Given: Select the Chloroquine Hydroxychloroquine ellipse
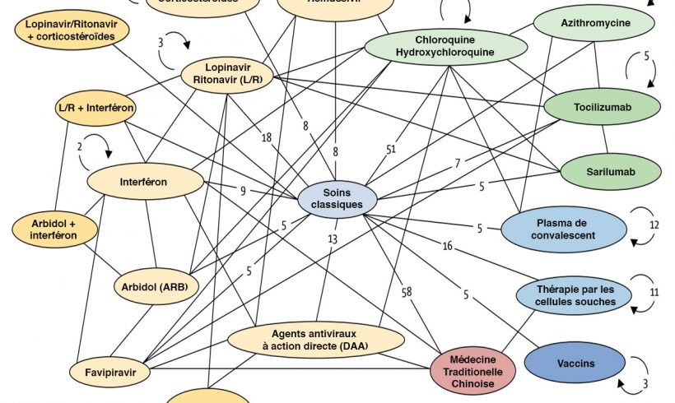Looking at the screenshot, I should coord(445,46).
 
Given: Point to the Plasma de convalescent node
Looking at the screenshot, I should coord(560,229).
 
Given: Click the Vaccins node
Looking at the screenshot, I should coord(575,364).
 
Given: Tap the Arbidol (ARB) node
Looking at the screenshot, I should coord(156,285).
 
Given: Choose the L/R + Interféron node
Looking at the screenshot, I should coord(95,109).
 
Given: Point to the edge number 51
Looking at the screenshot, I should coord(392,148).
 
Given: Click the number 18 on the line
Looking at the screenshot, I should coord(267,137).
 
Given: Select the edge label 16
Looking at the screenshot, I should coord(447,245).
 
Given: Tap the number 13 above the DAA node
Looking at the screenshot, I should coord(333,239).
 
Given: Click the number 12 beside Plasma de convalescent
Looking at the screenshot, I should coord(654,224).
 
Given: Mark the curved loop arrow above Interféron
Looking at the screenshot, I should coord(97,146).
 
